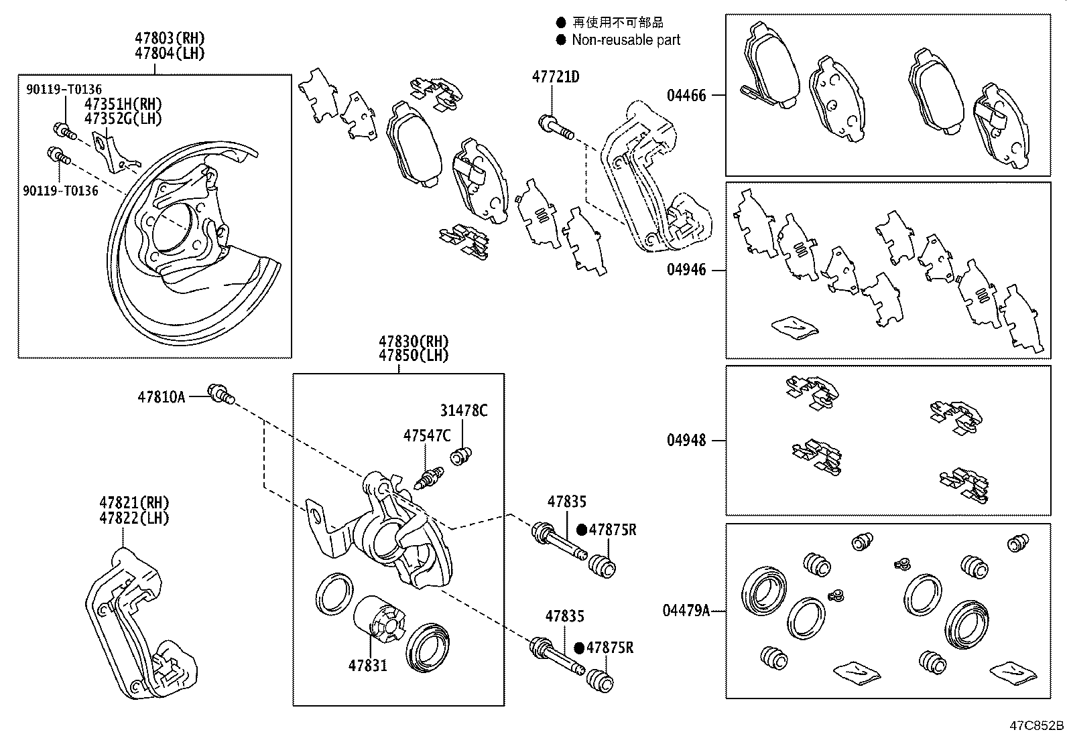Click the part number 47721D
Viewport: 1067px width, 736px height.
556,77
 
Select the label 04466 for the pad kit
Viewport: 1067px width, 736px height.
686,96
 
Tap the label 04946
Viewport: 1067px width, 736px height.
686,271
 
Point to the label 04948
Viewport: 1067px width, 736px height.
686,441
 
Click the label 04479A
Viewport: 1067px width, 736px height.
686,611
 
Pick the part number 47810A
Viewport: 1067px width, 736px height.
161,397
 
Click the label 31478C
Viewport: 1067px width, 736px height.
464,411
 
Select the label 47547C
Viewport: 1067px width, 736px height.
427,436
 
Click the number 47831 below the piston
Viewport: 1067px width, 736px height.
367,666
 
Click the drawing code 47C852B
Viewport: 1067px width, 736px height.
1037,725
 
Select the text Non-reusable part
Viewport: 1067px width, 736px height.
625,40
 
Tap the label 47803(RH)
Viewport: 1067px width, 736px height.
170,38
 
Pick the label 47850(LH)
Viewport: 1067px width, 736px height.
414,356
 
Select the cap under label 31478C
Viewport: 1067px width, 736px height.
461,456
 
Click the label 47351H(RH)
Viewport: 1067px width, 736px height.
123,104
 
